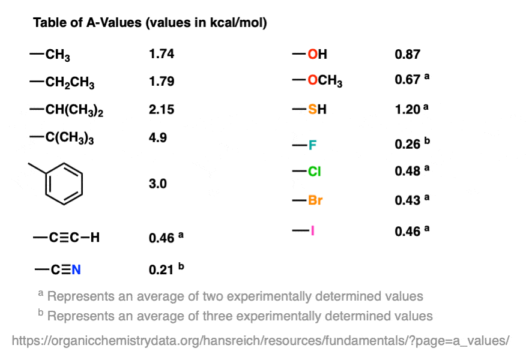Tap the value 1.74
(162, 54)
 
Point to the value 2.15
(162, 110)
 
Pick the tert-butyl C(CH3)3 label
(70, 139)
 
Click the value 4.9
(158, 137)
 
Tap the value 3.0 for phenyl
(158, 184)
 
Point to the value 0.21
(162, 269)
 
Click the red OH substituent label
(318, 55)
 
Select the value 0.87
(407, 55)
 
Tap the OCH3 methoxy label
(325, 82)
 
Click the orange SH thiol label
(318, 110)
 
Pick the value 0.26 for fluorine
(407, 145)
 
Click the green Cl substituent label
(315, 172)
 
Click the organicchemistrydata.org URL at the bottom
(261, 340)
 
